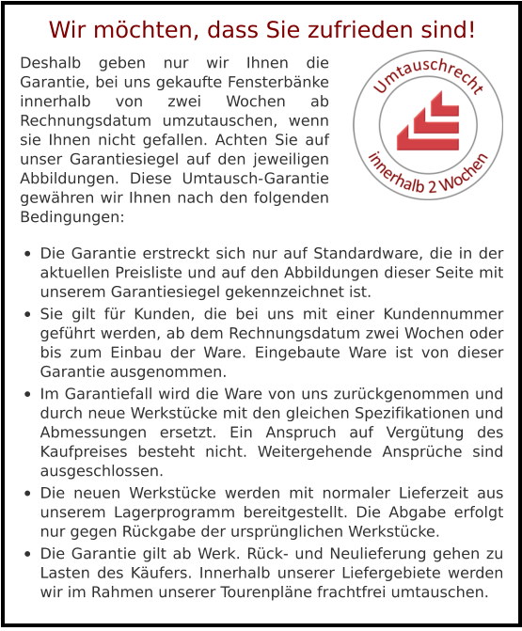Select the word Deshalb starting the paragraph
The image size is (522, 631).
(x=51, y=65)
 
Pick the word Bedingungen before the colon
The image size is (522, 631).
(x=69, y=217)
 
